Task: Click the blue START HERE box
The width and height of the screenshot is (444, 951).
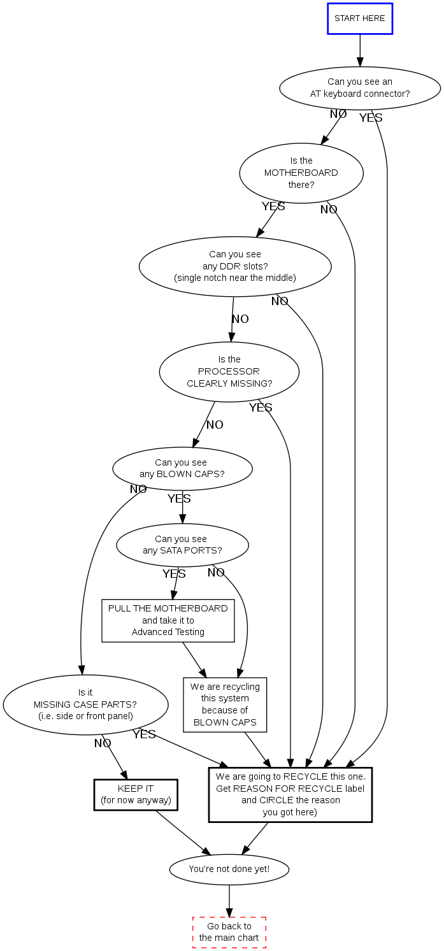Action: (360, 18)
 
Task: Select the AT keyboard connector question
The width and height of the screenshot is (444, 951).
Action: (360, 88)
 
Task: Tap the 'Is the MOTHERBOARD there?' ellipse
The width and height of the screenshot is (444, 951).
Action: (301, 173)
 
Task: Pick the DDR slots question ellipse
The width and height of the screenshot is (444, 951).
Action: (235, 266)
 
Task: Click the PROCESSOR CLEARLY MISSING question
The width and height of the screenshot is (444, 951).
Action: (229, 371)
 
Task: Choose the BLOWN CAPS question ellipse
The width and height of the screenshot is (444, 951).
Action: (182, 469)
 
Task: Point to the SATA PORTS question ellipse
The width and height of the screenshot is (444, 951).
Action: (182, 545)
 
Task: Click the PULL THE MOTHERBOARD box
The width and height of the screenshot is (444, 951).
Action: (168, 620)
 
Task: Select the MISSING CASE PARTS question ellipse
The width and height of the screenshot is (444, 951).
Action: (85, 704)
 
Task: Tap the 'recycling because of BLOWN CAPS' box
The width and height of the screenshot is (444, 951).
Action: (225, 704)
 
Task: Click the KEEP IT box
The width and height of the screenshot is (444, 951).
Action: (136, 794)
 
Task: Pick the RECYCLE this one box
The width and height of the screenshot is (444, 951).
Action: (290, 794)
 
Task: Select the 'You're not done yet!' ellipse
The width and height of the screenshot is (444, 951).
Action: (229, 869)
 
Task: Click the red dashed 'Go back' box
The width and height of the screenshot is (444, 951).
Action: (229, 932)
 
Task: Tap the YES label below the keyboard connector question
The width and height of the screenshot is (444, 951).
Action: (371, 118)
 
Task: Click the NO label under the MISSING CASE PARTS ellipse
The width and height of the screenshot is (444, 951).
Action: (103, 743)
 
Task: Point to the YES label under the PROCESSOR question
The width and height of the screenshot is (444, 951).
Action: (261, 408)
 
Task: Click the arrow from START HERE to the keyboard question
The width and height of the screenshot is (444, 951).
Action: (360, 50)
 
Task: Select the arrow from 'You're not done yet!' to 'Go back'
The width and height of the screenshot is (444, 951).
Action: (229, 901)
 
